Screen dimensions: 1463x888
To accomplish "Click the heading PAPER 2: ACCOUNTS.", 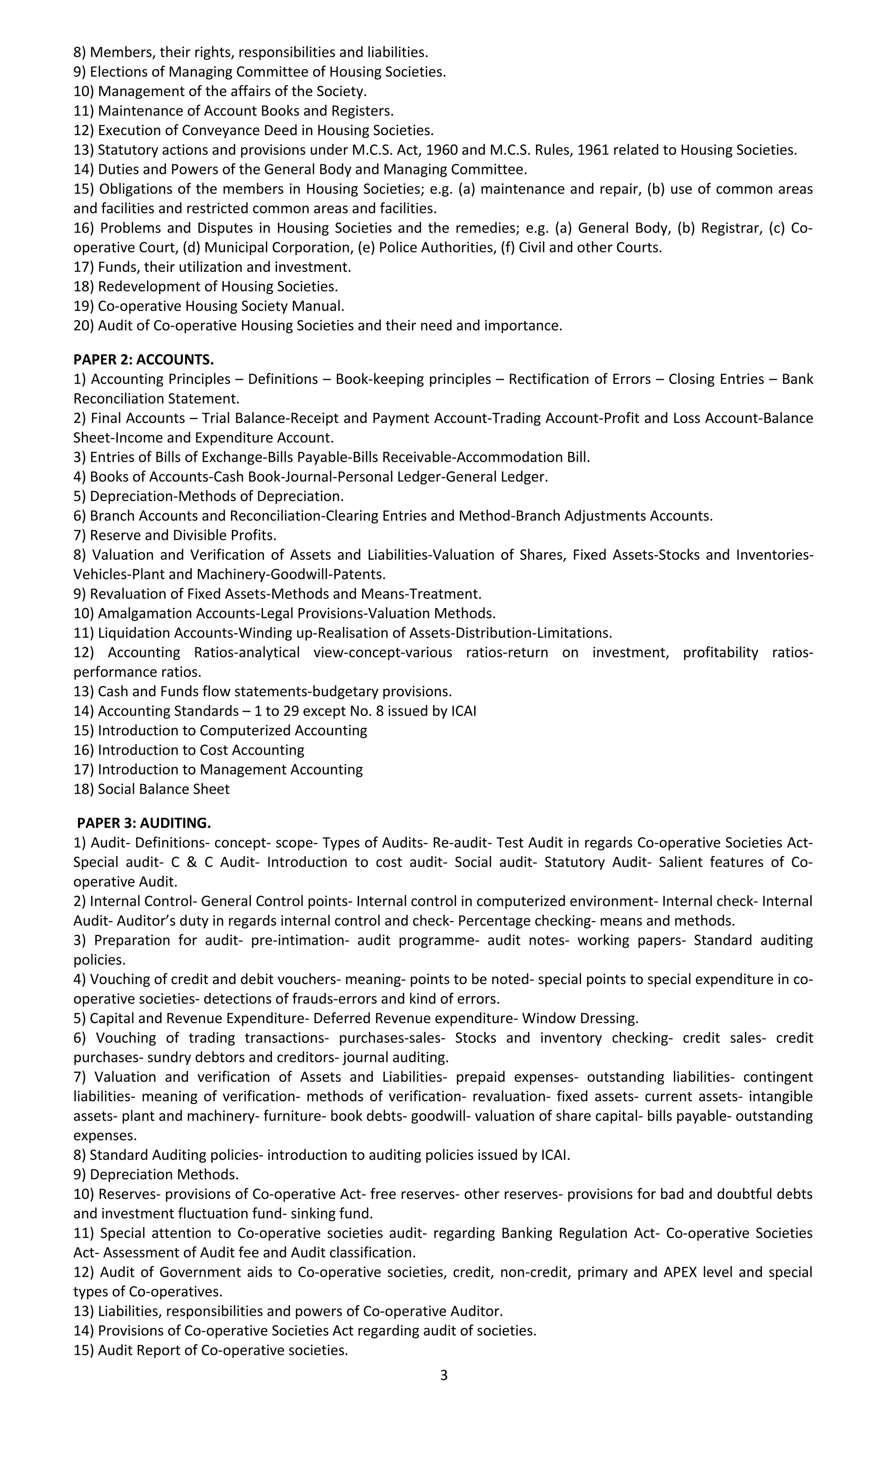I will pos(143,360).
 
